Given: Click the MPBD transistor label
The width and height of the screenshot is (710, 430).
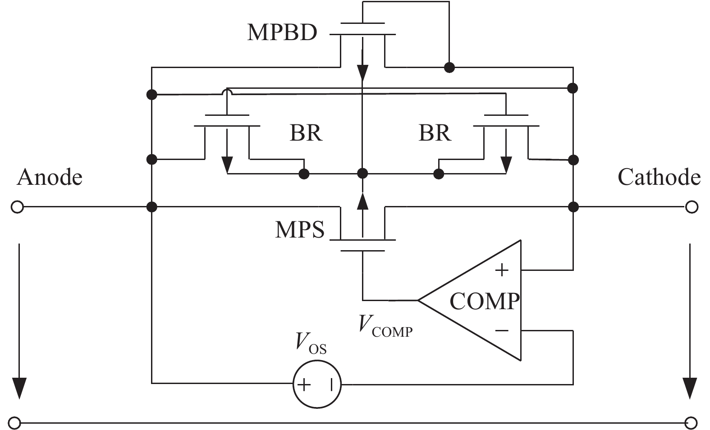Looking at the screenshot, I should [x=282, y=32].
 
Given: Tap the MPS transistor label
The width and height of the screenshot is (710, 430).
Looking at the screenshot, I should [x=300, y=229].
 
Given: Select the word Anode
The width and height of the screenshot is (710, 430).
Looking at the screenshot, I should [x=50, y=177].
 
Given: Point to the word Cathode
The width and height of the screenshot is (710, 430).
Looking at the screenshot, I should [x=659, y=177].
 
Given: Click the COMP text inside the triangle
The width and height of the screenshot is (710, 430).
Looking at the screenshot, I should [x=485, y=301].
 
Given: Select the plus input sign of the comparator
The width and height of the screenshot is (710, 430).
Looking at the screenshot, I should [x=501, y=270].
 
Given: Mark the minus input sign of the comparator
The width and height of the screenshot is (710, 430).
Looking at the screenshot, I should [x=502, y=331].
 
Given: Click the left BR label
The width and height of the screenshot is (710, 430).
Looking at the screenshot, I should [x=306, y=133].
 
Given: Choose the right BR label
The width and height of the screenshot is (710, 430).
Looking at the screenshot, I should [x=435, y=133].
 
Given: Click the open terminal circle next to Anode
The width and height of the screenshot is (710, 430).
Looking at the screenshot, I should [x=17, y=207].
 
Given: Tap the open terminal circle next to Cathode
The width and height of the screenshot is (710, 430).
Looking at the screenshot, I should [x=692, y=207].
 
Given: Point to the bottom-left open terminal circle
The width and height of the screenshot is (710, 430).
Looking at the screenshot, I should [x=15, y=423].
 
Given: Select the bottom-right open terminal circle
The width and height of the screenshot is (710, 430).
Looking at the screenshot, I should [x=691, y=423].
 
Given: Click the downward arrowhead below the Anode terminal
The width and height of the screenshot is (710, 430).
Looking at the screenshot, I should [x=19, y=388].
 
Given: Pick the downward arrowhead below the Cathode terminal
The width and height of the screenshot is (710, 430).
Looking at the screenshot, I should [x=690, y=388].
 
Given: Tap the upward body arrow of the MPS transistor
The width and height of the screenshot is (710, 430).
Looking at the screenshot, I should [x=362, y=201].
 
